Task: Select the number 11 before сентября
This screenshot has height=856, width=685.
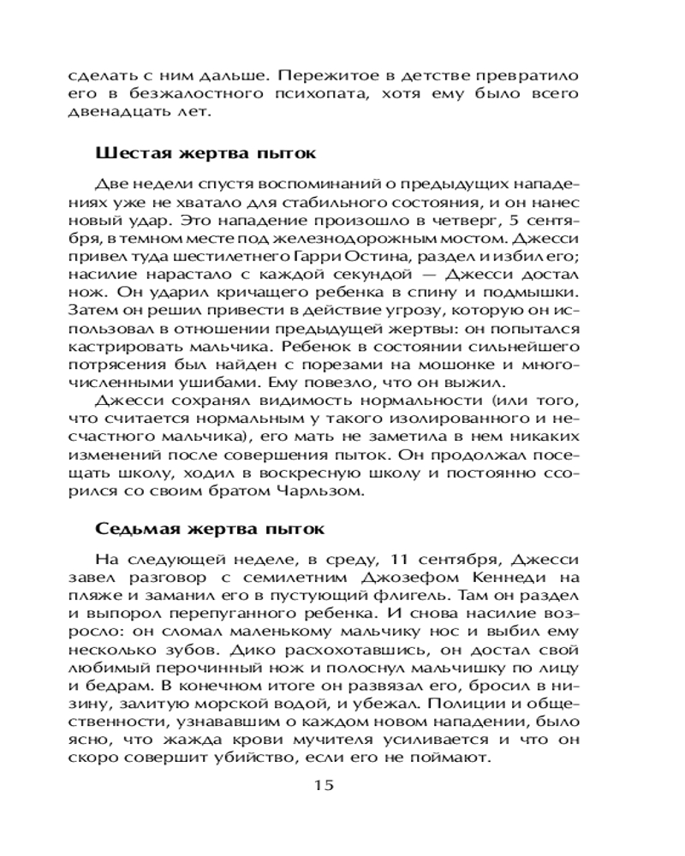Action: pyautogui.click(x=396, y=558)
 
